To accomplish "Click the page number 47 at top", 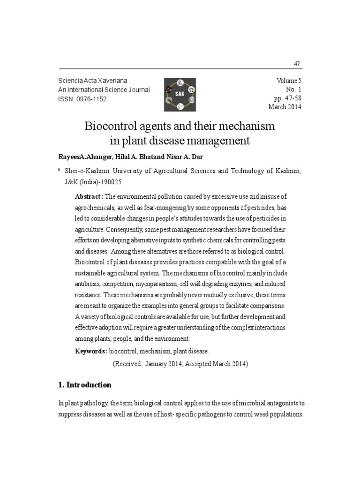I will (x=297, y=64).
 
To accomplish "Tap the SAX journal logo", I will (x=180, y=94).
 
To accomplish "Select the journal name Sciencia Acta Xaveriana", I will (x=92, y=81).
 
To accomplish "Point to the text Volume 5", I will (x=289, y=81).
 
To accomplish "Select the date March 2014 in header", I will (x=285, y=107).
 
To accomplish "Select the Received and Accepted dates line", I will (x=180, y=363).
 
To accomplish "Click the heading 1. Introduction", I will (x=85, y=385).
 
